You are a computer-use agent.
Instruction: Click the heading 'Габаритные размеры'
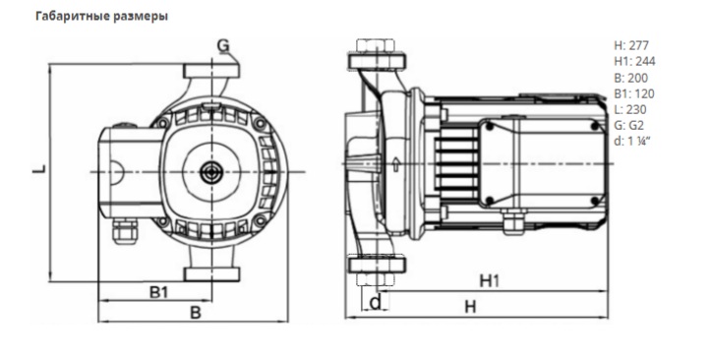click(101, 17)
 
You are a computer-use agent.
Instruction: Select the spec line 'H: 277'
click(631, 45)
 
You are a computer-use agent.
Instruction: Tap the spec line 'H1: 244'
click(634, 61)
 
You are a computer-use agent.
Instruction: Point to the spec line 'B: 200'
click(630, 78)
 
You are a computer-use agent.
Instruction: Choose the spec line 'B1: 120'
click(634, 93)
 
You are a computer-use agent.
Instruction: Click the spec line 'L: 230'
click(629, 109)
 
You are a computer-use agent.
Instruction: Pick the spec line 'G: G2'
click(628, 125)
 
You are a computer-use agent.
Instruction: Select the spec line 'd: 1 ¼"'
click(632, 141)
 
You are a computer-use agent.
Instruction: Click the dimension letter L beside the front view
click(40, 169)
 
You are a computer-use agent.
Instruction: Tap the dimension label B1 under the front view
click(158, 292)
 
